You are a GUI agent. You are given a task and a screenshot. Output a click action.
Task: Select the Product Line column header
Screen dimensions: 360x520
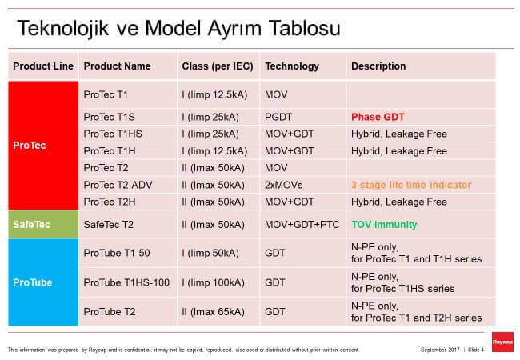click(43, 66)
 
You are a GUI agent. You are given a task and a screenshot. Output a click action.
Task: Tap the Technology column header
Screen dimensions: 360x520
click(292, 66)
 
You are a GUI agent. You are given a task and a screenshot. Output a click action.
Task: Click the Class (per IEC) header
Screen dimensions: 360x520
click(217, 66)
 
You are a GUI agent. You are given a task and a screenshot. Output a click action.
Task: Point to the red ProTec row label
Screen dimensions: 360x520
click(29, 146)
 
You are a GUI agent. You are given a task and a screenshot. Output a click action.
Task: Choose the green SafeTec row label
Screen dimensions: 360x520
click(33, 225)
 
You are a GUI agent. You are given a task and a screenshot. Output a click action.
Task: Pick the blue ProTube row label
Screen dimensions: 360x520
click(32, 282)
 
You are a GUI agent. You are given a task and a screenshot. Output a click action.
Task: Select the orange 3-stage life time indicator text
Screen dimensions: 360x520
click(410, 185)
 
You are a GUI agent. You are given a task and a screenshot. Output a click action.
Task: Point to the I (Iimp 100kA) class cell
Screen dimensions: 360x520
click(218, 282)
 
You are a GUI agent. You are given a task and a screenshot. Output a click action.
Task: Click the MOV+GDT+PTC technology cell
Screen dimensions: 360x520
click(302, 225)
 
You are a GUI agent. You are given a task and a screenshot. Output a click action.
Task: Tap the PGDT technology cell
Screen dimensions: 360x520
click(278, 116)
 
